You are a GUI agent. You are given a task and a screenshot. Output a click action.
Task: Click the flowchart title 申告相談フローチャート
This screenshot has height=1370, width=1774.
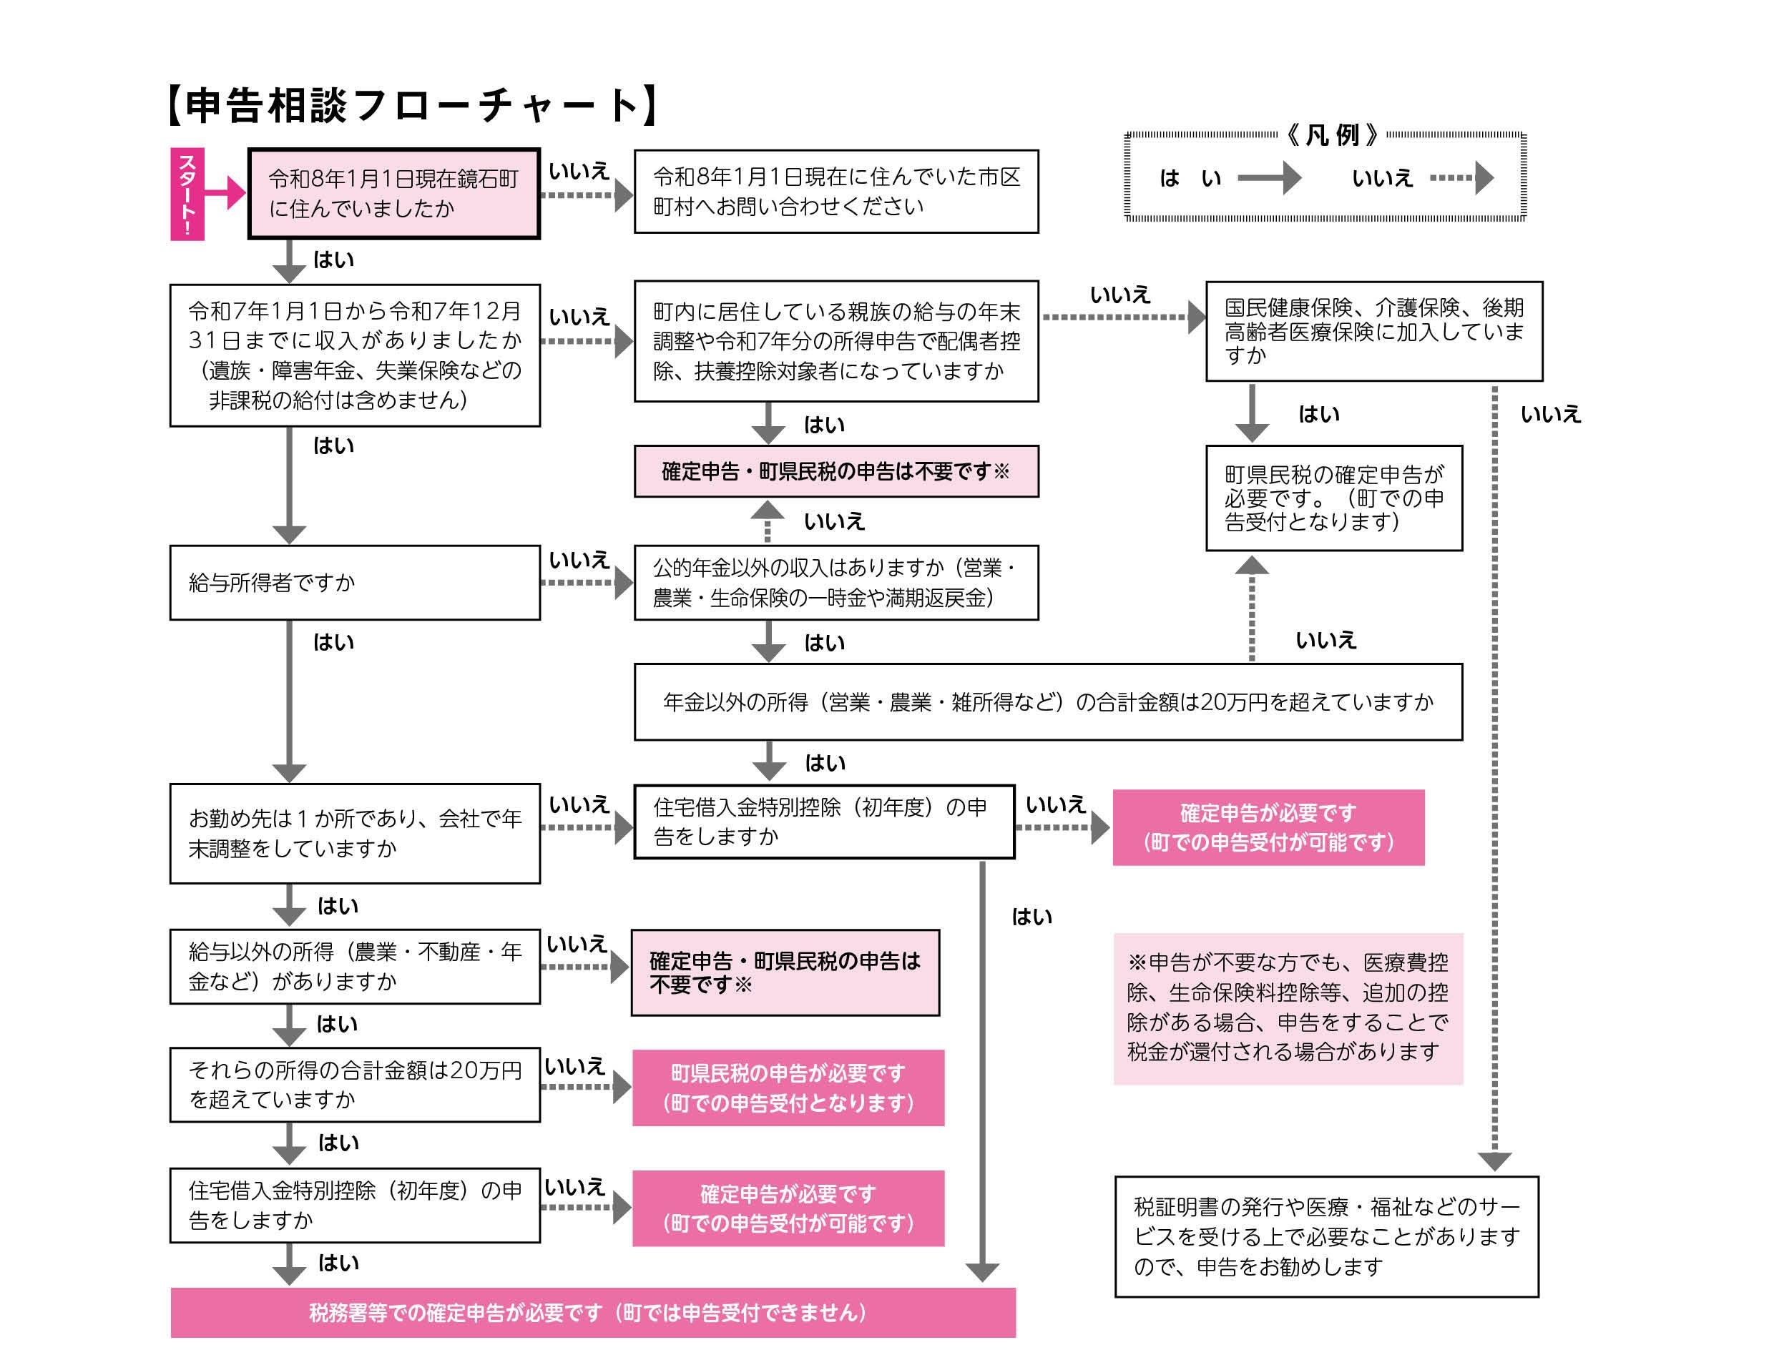click(411, 106)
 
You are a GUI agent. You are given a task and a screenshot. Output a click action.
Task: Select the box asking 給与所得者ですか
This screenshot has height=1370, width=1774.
click(354, 582)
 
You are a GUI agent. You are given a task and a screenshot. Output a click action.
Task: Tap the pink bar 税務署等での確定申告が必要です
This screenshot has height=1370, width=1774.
click(592, 1312)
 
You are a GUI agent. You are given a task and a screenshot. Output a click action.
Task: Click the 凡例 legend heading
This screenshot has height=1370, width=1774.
click(1331, 135)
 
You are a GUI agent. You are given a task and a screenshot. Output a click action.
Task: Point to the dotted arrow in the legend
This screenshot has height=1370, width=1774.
click(1461, 178)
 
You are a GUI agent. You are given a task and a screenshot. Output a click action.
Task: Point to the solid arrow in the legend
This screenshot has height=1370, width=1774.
click(1268, 178)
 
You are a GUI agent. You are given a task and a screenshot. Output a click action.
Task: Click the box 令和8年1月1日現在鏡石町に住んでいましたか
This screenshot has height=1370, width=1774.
click(394, 193)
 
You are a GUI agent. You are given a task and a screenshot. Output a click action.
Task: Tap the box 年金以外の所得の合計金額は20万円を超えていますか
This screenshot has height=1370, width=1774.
click(1047, 701)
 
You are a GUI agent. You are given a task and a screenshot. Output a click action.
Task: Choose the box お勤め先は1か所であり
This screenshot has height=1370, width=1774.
click(354, 832)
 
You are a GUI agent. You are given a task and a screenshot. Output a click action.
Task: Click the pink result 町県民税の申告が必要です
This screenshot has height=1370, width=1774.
click(788, 1088)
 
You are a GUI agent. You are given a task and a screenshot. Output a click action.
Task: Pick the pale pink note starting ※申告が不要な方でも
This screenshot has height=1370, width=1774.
click(1288, 1007)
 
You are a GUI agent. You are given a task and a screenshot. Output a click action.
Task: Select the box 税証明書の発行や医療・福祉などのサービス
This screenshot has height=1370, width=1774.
click(1325, 1236)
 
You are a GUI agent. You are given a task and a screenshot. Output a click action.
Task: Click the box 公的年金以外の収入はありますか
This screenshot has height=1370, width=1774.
click(835, 582)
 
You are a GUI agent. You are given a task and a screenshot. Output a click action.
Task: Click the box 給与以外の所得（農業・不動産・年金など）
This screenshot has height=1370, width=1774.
click(354, 967)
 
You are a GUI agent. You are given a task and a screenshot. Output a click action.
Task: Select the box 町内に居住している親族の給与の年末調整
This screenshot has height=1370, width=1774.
click(835, 341)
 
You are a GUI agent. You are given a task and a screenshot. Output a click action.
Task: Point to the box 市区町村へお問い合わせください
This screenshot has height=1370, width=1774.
click(835, 192)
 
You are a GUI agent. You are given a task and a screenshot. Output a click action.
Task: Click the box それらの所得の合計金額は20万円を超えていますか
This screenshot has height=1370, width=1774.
click(354, 1084)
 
